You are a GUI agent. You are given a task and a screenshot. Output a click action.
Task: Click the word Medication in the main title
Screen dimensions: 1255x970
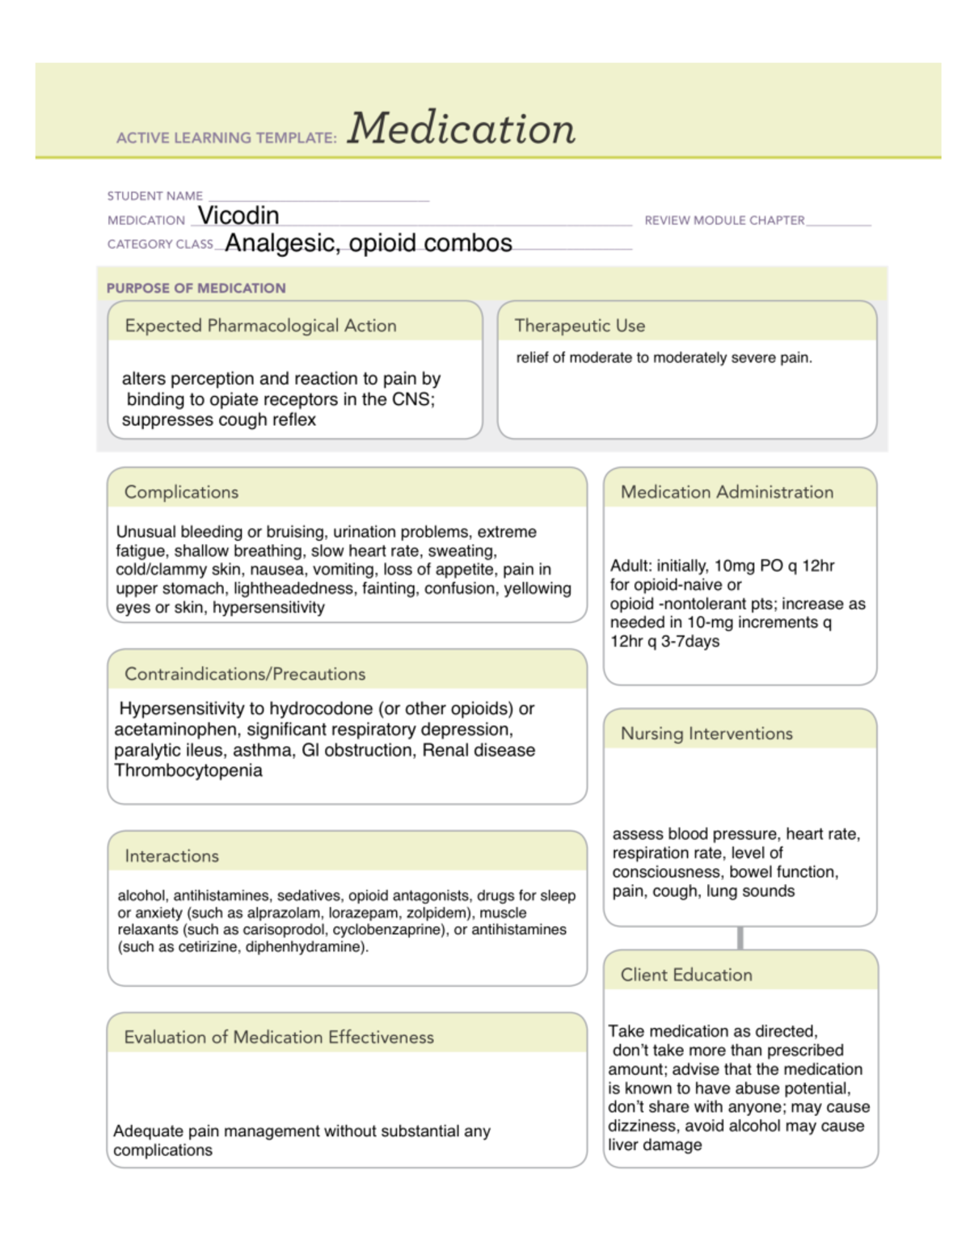point(461,129)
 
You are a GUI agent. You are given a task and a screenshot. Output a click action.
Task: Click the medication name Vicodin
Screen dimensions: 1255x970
point(238,216)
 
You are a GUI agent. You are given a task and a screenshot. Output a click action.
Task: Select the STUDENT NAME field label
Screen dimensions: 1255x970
point(154,196)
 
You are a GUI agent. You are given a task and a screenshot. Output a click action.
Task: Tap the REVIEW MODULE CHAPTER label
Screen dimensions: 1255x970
point(724,221)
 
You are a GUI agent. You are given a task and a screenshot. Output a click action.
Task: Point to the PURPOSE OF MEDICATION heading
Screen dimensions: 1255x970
point(196,288)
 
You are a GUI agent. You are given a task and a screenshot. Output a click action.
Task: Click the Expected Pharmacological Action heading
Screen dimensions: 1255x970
point(260,326)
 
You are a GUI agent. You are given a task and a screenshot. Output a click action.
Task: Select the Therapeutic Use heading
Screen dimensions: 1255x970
point(580,326)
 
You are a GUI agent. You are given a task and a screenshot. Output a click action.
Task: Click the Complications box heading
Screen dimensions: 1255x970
point(181,492)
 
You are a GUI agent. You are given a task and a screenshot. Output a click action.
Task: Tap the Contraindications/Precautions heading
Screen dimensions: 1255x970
point(244,674)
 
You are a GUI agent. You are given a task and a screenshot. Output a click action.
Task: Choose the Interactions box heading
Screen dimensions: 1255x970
point(171,856)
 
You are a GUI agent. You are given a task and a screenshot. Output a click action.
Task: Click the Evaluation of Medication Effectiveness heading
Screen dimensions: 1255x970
point(279,1038)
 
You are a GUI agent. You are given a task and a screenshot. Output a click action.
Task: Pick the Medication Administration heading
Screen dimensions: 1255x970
point(727,492)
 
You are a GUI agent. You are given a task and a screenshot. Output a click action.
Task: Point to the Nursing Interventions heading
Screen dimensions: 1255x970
point(706,734)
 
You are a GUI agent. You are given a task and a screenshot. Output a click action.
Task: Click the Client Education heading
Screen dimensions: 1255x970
point(686,975)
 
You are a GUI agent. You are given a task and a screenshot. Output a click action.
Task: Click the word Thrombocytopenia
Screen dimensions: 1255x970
point(188,771)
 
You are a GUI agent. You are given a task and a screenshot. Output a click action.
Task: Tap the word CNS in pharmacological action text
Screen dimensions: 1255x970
point(411,399)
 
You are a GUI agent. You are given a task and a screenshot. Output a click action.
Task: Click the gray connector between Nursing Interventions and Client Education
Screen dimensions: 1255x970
point(740,938)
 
